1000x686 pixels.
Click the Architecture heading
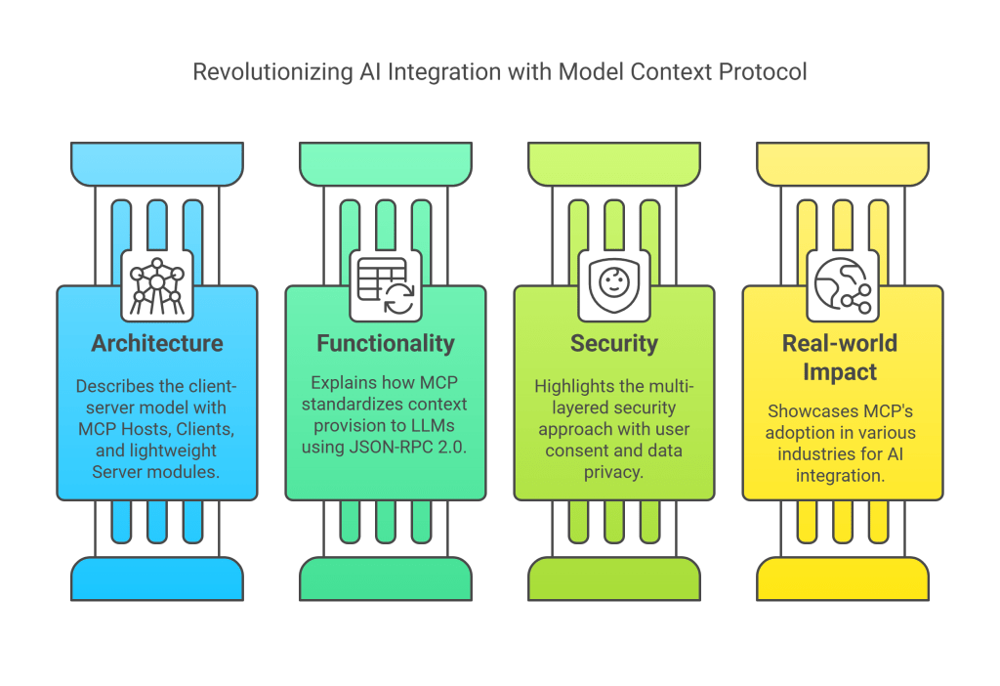pyautogui.click(x=157, y=343)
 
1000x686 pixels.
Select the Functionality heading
pyautogui.click(x=386, y=343)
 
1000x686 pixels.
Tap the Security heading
pyautogui.click(x=614, y=343)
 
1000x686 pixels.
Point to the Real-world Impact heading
pyautogui.click(x=842, y=357)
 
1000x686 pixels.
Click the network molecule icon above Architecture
pyautogui.click(x=157, y=284)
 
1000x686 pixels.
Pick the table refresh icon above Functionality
pyautogui.click(x=386, y=284)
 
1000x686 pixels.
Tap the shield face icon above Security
pyautogui.click(x=614, y=284)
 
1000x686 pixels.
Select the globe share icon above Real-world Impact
pyautogui.click(x=842, y=284)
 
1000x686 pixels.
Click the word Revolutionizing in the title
pyautogui.click(x=256, y=72)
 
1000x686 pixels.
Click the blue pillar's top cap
pyautogui.click(x=157, y=163)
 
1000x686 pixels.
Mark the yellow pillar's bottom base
pyautogui.click(x=842, y=579)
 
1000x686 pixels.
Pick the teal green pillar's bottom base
pyautogui.click(x=386, y=579)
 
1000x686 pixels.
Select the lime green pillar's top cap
pyautogui.click(x=614, y=163)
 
